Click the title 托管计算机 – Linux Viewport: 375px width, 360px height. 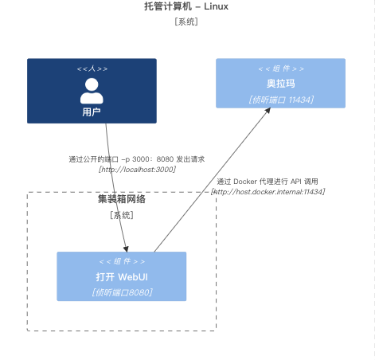coord(186,6)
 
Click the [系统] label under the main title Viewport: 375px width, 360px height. coord(186,22)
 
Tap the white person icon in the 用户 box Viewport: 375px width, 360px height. coord(92,91)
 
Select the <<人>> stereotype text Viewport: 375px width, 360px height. coord(92,69)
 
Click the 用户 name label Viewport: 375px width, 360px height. coord(92,112)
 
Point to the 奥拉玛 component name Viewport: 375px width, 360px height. coord(280,84)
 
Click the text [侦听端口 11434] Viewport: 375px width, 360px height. coord(280,100)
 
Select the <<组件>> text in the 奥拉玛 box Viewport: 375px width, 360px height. coord(280,69)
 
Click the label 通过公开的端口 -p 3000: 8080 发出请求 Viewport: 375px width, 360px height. coord(136,159)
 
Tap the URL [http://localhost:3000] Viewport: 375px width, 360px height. coord(136,170)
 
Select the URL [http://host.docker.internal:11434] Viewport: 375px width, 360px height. coord(268,192)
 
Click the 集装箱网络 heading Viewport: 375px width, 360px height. coord(121,200)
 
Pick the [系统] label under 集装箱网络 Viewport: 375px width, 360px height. coord(121,215)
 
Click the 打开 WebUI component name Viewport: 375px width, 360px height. coord(121,277)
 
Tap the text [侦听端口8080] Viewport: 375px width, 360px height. coord(121,292)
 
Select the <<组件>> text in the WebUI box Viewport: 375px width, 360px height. coord(121,262)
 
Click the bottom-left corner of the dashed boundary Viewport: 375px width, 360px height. coord(28,331)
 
